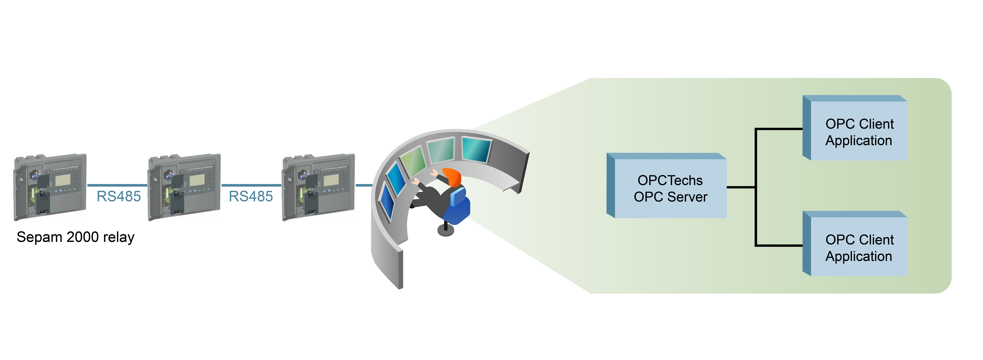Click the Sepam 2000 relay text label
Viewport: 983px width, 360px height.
click(x=76, y=237)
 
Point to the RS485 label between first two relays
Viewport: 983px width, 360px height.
click(x=119, y=196)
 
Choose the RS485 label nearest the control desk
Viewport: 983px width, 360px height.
click(x=251, y=196)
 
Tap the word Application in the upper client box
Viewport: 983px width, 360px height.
click(x=859, y=141)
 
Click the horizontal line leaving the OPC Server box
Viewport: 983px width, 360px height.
click(x=740, y=187)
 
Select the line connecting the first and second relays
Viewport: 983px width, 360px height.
click(x=117, y=185)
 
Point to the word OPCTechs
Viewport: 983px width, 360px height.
click(x=670, y=180)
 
